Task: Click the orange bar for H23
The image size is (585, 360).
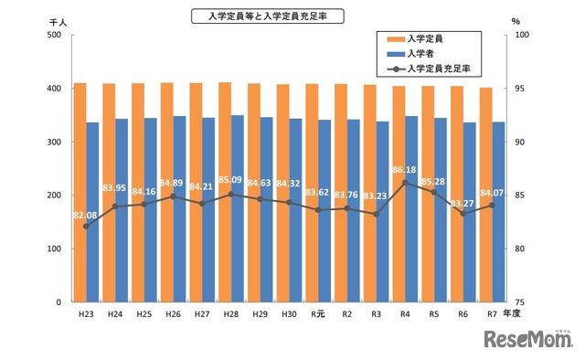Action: [x=80, y=192]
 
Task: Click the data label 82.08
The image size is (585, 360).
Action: [x=85, y=214]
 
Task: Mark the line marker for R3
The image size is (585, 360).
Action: [x=376, y=214]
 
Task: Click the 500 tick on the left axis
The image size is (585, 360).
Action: [x=53, y=36]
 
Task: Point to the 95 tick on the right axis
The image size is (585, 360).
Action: [x=523, y=89]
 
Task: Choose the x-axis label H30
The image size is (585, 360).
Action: [x=289, y=314]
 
